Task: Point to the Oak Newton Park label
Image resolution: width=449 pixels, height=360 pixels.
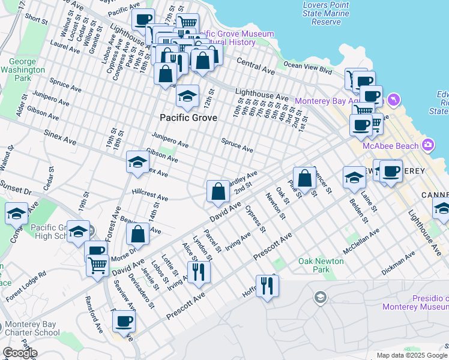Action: tap(321, 265)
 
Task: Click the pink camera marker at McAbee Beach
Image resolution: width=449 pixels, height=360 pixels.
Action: tap(427, 144)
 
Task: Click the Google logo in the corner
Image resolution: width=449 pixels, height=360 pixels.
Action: tap(20, 353)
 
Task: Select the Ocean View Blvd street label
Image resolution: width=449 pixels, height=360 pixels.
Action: tap(307, 65)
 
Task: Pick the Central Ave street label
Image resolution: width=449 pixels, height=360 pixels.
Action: tap(256, 66)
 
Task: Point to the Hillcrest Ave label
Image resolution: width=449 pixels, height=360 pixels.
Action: tap(150, 194)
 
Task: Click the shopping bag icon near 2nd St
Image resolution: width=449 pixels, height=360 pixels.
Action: tap(218, 192)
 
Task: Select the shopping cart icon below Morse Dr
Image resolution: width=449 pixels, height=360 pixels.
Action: tap(97, 265)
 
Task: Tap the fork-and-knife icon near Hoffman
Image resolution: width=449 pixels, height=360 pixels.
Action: tap(267, 285)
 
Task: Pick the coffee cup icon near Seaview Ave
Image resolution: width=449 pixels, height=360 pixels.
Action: tap(124, 321)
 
